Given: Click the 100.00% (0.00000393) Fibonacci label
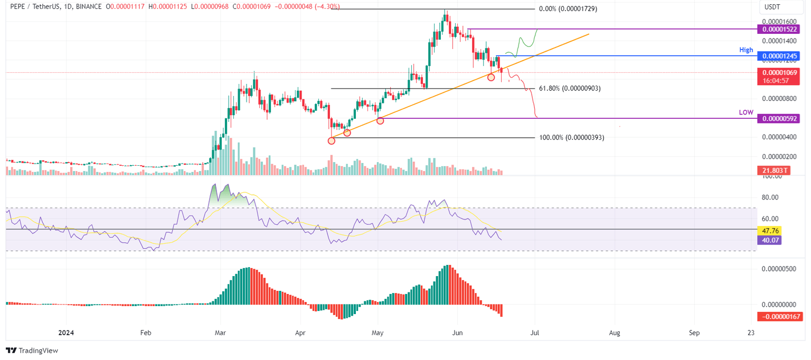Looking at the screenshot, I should click(571, 137).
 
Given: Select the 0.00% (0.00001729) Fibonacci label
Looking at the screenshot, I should click(568, 10).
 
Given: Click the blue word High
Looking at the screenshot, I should click(746, 50).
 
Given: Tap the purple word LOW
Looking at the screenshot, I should click(746, 112).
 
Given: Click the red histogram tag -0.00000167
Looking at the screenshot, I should click(779, 317).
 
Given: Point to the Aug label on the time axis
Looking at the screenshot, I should click(614, 333).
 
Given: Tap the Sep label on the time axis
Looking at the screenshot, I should click(694, 333).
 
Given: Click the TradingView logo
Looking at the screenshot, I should click(32, 350).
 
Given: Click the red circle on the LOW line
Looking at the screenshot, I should click(380, 121).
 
